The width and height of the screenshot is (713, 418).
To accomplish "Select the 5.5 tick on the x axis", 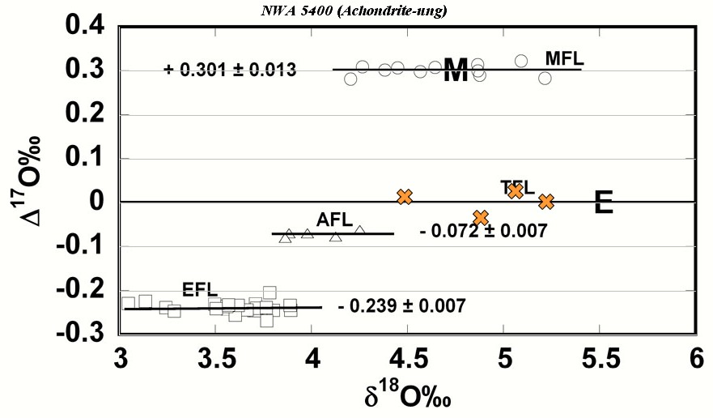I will click(x=599, y=357).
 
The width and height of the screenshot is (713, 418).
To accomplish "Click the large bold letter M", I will click(x=456, y=70).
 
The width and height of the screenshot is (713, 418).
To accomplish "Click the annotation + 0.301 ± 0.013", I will click(x=230, y=70).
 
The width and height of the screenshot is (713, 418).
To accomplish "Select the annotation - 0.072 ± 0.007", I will click(x=483, y=231).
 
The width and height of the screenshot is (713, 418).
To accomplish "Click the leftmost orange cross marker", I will click(x=405, y=196).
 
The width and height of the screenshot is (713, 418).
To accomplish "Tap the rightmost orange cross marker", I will click(x=546, y=201).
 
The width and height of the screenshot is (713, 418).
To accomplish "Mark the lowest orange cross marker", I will click(x=481, y=217).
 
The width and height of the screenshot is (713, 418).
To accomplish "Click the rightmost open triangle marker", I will click(x=359, y=231).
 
